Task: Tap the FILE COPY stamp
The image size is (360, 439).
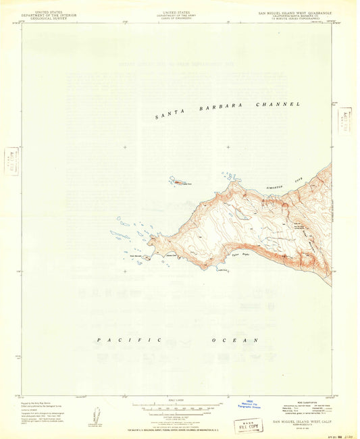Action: pyautogui.click(x=249, y=425)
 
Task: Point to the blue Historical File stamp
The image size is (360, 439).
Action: pyautogui.click(x=251, y=406)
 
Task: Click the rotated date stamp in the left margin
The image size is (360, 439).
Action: pyautogui.click(x=11, y=161)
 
